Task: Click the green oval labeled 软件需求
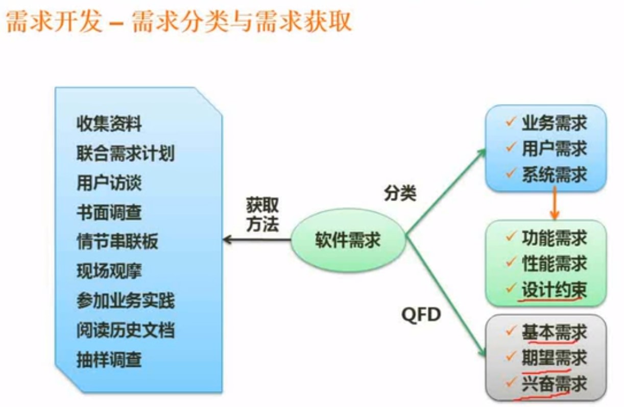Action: (348, 240)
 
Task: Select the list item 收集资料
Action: (109, 123)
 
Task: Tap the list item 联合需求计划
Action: (126, 153)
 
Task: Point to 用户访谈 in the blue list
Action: (109, 183)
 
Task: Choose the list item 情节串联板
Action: (117, 241)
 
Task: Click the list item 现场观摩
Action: (109, 271)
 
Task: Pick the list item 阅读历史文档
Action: (126, 330)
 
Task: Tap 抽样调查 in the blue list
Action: (109, 360)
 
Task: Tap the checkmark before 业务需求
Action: (510, 122)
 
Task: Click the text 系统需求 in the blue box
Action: (554, 174)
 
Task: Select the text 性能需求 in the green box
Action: (554, 263)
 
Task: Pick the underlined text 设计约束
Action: (554, 290)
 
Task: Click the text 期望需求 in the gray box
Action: (554, 358)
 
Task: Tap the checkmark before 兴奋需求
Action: (510, 383)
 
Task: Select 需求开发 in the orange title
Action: (54, 23)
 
